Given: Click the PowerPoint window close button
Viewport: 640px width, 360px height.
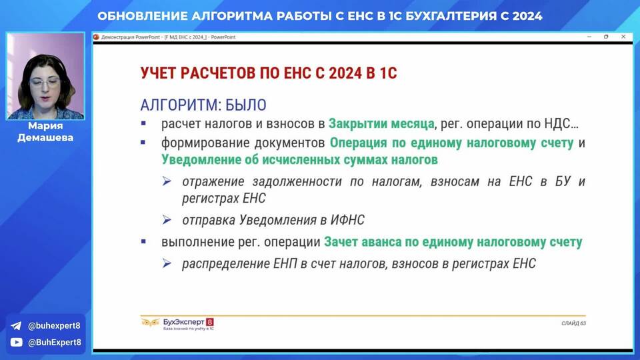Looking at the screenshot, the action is tap(623, 37).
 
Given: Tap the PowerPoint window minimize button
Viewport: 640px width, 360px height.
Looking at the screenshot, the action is tap(589, 37).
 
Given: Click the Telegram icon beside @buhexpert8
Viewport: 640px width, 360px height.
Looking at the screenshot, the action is tap(16, 326).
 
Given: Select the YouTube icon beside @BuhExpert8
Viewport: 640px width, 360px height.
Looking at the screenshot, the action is tap(16, 342).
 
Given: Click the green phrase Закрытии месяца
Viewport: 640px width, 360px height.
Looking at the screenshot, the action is tap(381, 123).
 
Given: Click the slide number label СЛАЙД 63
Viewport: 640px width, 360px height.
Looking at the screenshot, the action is tap(573, 323).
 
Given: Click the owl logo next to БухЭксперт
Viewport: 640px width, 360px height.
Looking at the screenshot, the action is tap(150, 323).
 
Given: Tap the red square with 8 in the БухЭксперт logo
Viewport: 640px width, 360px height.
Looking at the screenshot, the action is tap(210, 322).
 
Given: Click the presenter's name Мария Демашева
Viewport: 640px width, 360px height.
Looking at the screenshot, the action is tap(45, 131).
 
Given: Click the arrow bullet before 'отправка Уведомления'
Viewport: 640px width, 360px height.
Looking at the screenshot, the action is tap(167, 220).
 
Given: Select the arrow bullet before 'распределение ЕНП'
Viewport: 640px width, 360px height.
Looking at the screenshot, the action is tap(167, 263).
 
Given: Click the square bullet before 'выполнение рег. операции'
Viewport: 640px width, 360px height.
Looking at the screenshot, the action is tap(143, 241).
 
